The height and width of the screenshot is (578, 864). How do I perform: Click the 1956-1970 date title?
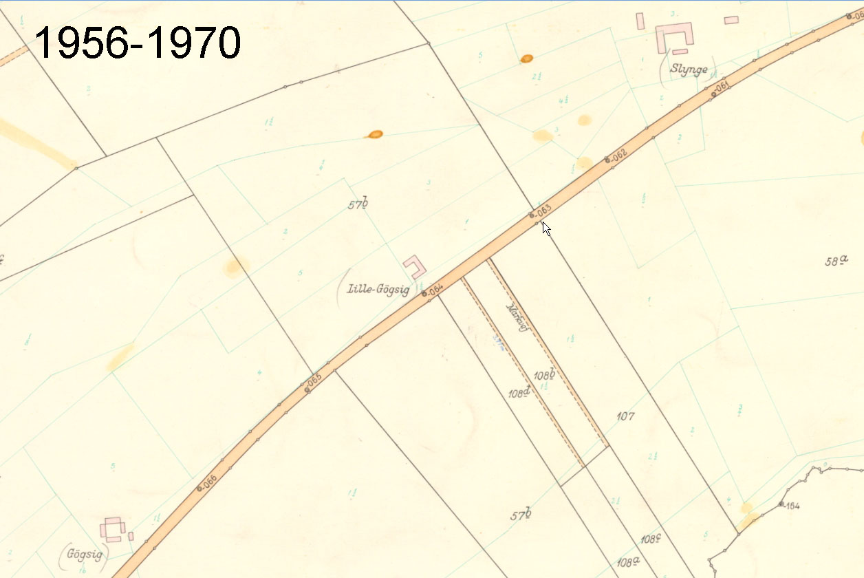(138, 43)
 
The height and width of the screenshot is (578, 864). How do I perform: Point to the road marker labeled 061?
(720, 88)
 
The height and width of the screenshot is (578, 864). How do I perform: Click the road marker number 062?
(616, 156)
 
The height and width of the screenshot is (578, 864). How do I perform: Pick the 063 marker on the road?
(541, 210)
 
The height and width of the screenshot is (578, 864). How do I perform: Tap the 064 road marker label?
(434, 290)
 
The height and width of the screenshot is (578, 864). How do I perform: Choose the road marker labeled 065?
(314, 381)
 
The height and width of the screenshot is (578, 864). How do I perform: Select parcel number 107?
(625, 416)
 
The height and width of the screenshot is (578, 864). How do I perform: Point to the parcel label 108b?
(544, 375)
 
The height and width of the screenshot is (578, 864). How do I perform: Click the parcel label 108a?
(628, 562)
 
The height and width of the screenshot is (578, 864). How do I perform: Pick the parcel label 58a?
(836, 261)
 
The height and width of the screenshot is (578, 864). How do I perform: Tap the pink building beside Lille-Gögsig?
(415, 266)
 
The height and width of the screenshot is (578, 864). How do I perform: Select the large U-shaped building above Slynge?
(675, 36)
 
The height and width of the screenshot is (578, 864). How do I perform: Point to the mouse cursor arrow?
(546, 228)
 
